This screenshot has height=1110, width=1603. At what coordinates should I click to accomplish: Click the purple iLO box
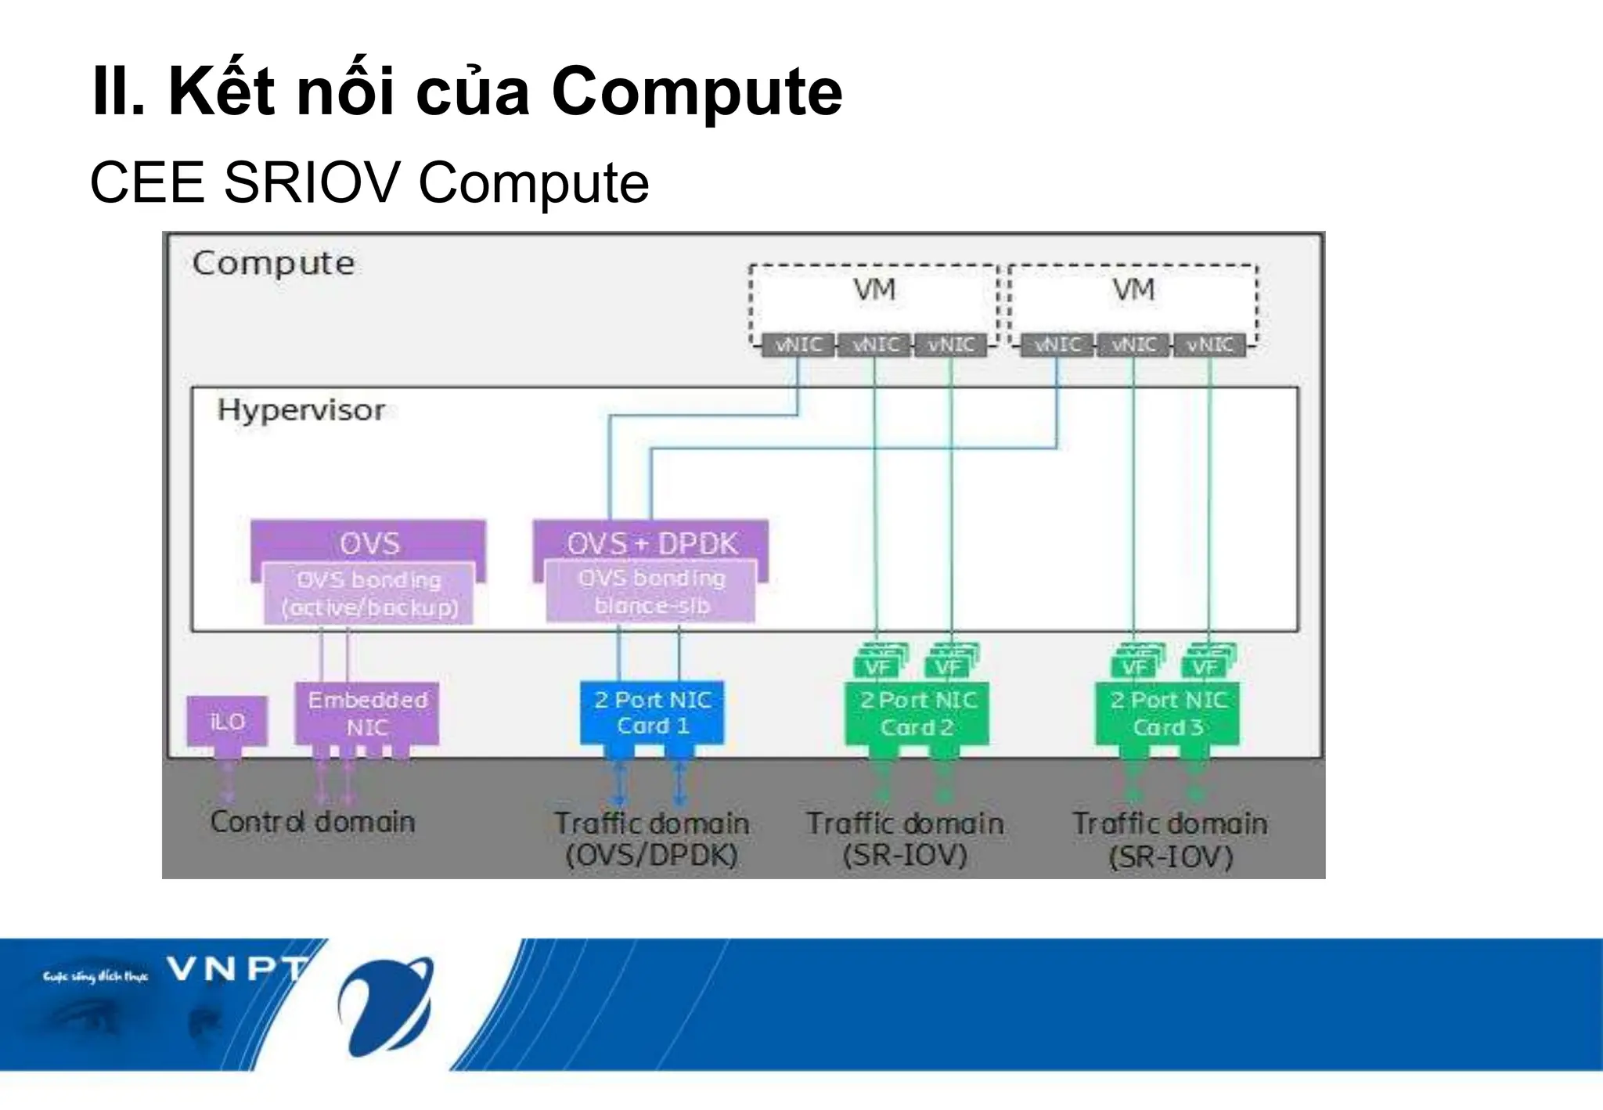tap(227, 721)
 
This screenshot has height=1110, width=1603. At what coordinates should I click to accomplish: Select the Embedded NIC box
tap(366, 713)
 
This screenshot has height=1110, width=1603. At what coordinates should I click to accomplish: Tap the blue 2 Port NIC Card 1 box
tap(652, 712)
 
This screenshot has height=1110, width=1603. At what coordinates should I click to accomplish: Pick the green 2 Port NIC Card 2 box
tap(917, 713)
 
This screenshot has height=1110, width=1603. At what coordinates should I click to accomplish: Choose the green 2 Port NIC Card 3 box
tap(1167, 713)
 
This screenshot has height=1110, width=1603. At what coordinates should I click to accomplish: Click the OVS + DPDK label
tap(651, 542)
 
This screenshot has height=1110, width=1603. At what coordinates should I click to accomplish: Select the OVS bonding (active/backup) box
tap(369, 593)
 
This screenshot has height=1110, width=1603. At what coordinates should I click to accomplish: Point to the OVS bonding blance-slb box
tap(651, 592)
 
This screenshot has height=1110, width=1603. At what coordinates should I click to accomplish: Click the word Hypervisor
tap(301, 410)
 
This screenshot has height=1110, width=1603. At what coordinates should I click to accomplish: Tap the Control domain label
tap(312, 822)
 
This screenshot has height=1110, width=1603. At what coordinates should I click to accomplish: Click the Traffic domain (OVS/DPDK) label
tap(651, 839)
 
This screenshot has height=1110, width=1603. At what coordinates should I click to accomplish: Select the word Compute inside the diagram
tap(273, 264)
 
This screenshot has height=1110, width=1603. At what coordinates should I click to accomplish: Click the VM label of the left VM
tap(874, 290)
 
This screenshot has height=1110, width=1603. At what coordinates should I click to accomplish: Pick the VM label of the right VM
tap(1133, 290)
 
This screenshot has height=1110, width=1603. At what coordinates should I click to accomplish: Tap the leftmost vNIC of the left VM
tap(798, 344)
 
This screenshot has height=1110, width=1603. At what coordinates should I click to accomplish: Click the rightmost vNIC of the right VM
tap(1209, 344)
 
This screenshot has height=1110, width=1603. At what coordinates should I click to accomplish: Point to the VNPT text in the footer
tap(237, 970)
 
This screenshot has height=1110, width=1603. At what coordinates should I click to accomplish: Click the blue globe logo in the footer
tap(387, 1005)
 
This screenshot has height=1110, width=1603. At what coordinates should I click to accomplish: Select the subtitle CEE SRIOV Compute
tap(369, 182)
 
